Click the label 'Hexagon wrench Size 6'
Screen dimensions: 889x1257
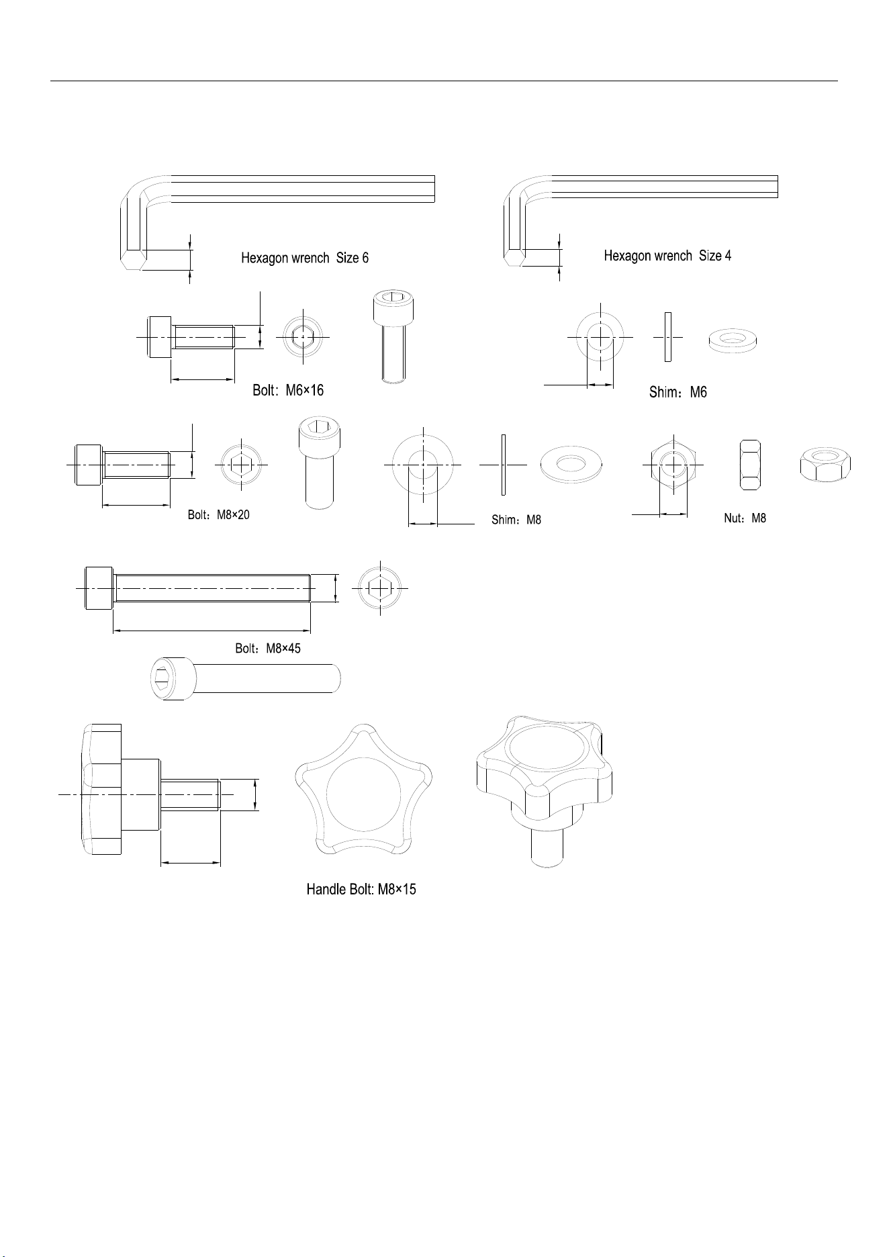pyautogui.click(x=305, y=258)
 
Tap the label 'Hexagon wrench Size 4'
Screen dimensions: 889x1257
pyautogui.click(x=667, y=256)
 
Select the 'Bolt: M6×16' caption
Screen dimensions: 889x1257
pyautogui.click(x=288, y=390)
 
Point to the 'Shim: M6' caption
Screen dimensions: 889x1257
pyautogui.click(x=677, y=392)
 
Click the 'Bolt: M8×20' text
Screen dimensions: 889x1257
pyautogui.click(x=219, y=516)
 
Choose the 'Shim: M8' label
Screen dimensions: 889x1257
pyautogui.click(x=516, y=520)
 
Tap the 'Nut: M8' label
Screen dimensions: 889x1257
pyautogui.click(x=745, y=518)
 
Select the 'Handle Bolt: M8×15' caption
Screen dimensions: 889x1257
pyautogui.click(x=361, y=890)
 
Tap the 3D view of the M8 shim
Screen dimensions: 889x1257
pyautogui.click(x=571, y=463)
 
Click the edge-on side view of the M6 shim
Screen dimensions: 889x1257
pyautogui.click(x=667, y=337)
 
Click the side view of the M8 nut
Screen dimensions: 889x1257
pyautogui.click(x=749, y=465)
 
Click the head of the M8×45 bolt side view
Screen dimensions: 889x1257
pyautogui.click(x=99, y=588)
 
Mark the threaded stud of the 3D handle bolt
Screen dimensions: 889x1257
pyautogui.click(x=547, y=847)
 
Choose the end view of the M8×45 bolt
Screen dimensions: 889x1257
pyautogui.click(x=381, y=588)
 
